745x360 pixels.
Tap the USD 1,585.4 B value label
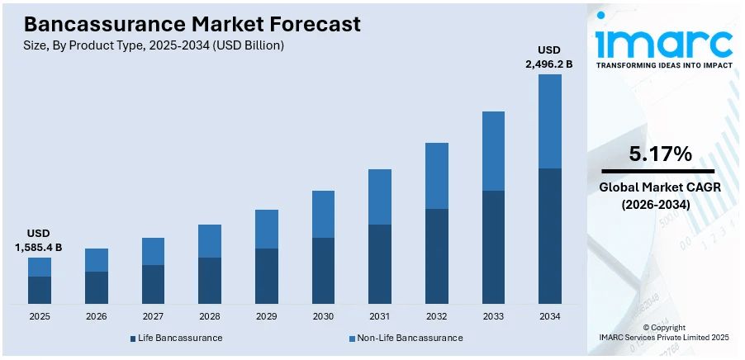tap(39, 240)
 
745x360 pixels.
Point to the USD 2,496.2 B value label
tap(549, 56)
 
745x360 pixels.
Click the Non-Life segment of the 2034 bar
tap(550, 121)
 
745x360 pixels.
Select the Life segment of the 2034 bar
tap(550, 235)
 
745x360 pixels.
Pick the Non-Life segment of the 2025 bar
tap(40, 267)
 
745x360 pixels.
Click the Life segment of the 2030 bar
tap(323, 270)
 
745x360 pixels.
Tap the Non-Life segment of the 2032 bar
tap(437, 176)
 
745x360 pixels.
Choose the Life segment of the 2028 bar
tap(210, 280)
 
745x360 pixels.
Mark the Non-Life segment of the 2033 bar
tap(493, 151)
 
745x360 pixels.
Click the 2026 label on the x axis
tap(97, 316)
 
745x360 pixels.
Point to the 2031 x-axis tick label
tap(380, 316)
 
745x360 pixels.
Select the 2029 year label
tap(267, 316)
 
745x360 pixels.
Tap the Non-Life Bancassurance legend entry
tap(405, 338)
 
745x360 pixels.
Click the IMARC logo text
tap(664, 40)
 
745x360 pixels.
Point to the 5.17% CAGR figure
tap(660, 154)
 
